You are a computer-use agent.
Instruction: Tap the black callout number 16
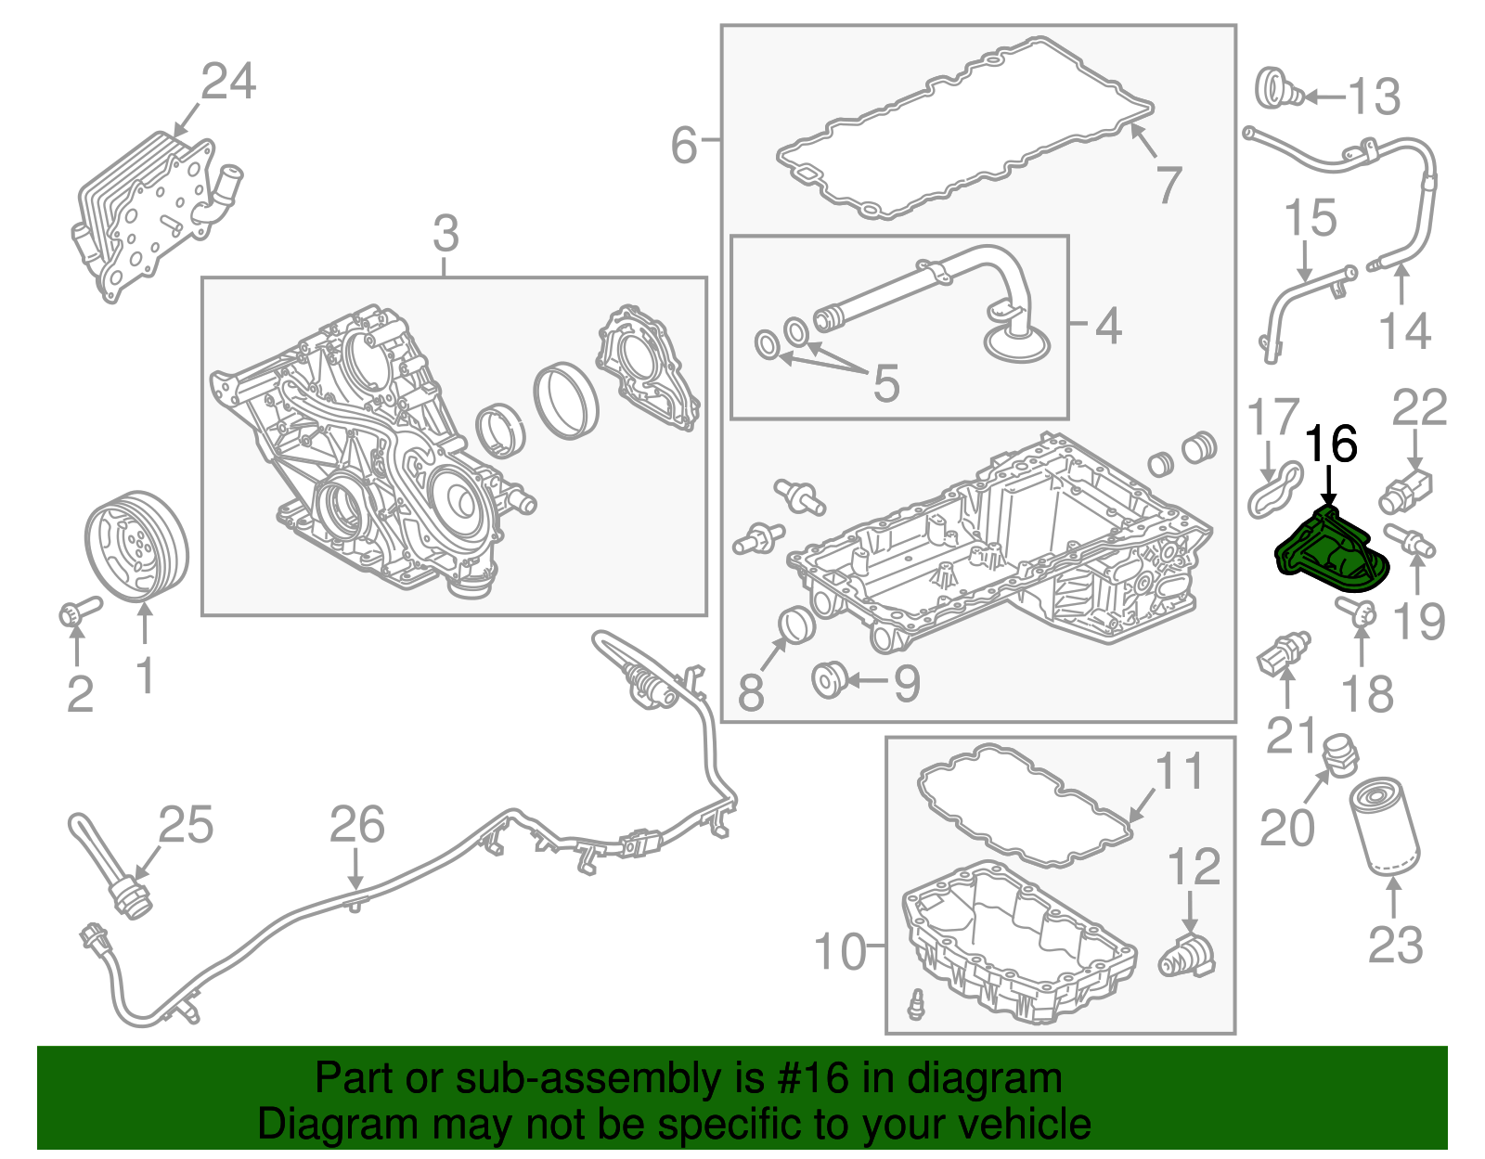pos(1331,444)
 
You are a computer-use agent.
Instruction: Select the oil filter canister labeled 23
pos(1384,827)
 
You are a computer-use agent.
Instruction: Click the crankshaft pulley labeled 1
pos(136,546)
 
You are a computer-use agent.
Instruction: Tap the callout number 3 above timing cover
pos(445,234)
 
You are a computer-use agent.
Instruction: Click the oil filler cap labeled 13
pos(1279,89)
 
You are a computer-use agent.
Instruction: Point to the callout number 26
pos(357,825)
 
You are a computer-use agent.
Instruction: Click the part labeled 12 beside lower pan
pos(1187,956)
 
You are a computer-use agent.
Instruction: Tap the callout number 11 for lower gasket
pos(1179,772)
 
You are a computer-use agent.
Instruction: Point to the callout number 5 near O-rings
pos(886,382)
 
